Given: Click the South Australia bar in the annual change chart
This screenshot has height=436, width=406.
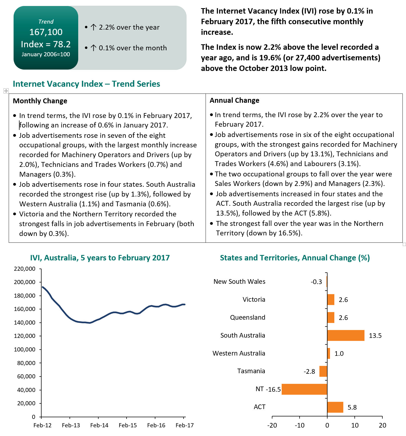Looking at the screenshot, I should [346, 335].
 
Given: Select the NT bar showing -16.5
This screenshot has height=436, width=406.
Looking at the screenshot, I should [304, 389].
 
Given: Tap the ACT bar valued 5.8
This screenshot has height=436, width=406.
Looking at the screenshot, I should [335, 407].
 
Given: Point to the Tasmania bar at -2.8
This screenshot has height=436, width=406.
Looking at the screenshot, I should [323, 371].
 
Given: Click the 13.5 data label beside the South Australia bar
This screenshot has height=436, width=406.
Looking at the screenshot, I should [375, 336].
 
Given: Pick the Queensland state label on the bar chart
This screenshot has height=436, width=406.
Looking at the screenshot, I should [247, 317].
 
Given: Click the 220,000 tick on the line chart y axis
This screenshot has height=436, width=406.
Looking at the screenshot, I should [25, 269].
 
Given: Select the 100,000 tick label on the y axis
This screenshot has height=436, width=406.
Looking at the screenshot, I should [25, 350].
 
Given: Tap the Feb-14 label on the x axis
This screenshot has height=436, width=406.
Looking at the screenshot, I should [99, 425].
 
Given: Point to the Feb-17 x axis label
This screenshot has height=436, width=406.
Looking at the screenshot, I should [184, 425].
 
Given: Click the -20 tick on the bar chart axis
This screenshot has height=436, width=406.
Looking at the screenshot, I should [272, 425].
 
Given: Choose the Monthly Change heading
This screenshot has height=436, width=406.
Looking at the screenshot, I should [40, 101].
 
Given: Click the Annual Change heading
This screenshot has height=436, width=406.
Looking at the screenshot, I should [234, 100].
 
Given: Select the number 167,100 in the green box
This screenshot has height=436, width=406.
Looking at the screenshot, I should [46, 32].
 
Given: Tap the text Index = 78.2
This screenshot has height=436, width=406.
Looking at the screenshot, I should [46, 44].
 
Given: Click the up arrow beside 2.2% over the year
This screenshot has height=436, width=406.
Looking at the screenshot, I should [93, 27].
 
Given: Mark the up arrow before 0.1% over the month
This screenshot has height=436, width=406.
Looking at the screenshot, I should [93, 48].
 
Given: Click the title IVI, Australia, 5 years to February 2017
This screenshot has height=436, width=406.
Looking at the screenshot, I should [100, 258].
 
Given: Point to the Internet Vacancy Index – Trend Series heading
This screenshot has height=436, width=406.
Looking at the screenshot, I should [86, 84].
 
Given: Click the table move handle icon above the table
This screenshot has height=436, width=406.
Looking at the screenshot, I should [6, 91].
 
